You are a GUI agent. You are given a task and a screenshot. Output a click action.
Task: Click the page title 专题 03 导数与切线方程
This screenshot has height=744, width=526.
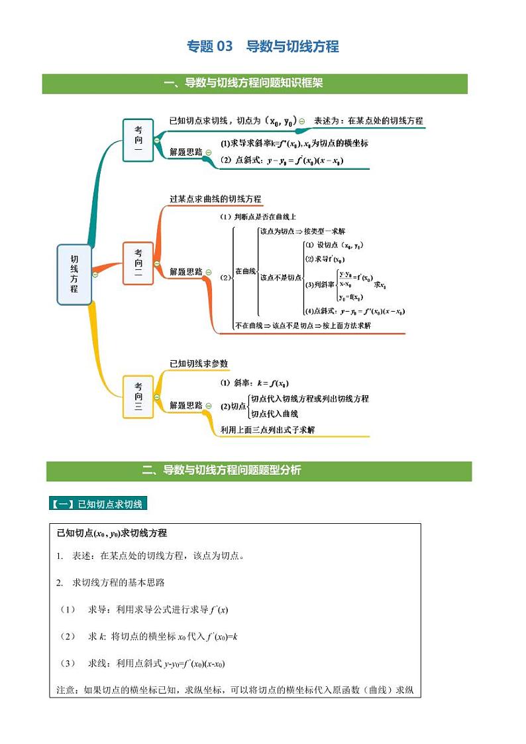coord(263,46)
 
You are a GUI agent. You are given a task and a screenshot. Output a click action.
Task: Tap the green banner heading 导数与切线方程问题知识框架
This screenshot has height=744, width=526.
coord(254,83)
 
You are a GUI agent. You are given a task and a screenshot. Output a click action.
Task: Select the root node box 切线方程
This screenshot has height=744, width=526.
coord(74,275)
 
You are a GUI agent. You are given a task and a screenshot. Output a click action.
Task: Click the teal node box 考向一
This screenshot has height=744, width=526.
coord(138,139)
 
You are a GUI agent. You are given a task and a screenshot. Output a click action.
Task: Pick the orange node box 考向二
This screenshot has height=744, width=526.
coord(138,263)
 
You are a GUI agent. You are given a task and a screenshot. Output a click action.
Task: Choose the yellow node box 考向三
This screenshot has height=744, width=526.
coord(138,397)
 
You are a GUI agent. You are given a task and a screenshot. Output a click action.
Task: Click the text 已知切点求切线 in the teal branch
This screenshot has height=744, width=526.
coord(199,121)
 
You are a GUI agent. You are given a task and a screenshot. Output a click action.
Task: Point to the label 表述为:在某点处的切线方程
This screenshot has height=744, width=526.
coord(368,121)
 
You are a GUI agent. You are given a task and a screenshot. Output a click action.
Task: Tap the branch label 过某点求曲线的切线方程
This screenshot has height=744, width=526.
coord(215,199)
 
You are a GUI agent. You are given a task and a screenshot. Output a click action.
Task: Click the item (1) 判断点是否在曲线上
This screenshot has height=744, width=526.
coord(258,217)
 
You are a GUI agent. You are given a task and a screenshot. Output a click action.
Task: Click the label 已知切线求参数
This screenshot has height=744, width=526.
coord(199,363)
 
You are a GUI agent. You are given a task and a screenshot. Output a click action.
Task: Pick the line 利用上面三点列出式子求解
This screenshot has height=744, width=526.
coord(268,430)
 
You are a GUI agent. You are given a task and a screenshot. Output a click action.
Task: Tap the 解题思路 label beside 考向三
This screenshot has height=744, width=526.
coord(185,405)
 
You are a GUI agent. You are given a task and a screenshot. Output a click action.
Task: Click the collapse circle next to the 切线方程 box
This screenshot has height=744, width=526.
coord(95,275)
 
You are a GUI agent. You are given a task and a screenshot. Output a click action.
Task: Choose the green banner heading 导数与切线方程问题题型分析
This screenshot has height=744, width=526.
coord(222,471)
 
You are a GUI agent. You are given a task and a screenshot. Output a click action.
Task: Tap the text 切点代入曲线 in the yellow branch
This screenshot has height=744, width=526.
coord(274,414)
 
